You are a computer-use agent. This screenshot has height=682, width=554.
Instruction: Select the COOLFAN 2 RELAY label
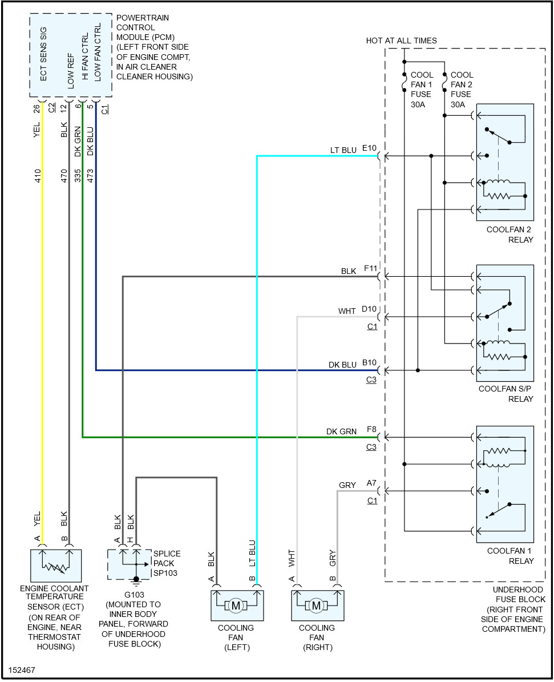click(x=509, y=235)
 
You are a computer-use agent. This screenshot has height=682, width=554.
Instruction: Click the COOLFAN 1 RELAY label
click(x=510, y=556)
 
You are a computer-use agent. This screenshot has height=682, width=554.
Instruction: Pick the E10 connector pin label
click(x=370, y=148)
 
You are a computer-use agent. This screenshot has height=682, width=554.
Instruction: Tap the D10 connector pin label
click(x=370, y=309)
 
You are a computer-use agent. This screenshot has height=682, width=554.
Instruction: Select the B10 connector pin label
click(x=370, y=363)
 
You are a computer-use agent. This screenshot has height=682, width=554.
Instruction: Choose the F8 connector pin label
click(x=371, y=430)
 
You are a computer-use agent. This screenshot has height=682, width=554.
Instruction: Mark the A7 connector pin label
click(x=371, y=483)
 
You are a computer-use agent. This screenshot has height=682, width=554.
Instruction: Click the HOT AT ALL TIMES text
click(x=401, y=41)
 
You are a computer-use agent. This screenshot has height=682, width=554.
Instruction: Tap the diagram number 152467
click(x=22, y=669)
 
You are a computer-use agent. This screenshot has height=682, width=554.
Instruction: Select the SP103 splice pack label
click(x=164, y=572)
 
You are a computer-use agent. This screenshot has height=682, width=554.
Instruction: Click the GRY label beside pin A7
click(x=347, y=485)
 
